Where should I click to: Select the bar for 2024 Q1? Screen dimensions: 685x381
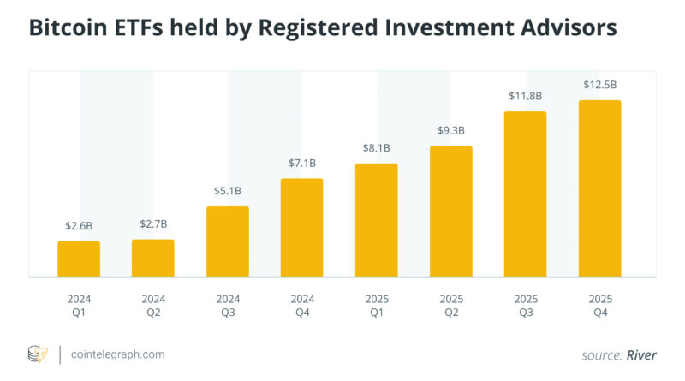(x=79, y=259)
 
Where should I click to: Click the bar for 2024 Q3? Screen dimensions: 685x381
(x=228, y=241)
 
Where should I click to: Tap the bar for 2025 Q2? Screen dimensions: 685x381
(x=451, y=211)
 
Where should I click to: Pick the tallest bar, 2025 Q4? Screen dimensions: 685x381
(x=600, y=188)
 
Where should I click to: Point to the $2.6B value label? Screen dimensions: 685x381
(x=79, y=226)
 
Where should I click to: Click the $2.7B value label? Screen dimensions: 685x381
(x=153, y=224)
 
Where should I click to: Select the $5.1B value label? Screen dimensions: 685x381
(x=228, y=191)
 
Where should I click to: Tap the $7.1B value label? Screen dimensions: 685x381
(x=302, y=163)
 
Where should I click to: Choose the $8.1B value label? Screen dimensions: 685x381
(x=377, y=148)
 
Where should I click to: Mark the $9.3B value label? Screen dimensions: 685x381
(x=451, y=131)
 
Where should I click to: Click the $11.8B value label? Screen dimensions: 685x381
(x=526, y=96)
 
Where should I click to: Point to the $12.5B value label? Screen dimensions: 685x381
(x=600, y=85)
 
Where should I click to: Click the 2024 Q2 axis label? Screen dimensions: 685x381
(x=153, y=306)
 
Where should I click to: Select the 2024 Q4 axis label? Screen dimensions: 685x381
(x=302, y=306)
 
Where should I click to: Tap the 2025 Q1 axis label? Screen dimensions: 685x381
(x=377, y=306)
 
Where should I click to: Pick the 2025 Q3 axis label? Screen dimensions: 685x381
(x=526, y=306)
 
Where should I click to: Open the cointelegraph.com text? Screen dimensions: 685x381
(x=118, y=354)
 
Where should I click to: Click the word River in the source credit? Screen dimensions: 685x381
(x=641, y=355)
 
